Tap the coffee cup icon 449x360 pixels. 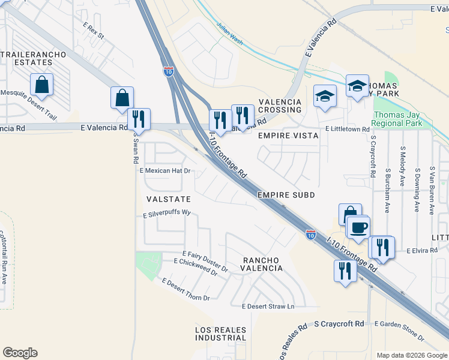click(359, 228)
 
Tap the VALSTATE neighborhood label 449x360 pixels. click(168, 199)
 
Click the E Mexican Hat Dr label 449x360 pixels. click(165, 170)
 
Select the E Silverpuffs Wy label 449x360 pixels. click(166, 213)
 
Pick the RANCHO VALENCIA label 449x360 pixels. click(262, 264)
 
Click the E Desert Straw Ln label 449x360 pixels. click(268, 307)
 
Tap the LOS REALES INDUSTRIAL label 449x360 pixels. click(220, 334)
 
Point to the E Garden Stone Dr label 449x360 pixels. click(399, 324)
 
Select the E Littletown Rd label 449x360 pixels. click(347, 129)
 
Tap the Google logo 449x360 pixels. click(20, 353)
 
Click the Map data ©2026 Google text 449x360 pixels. click(411, 355)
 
